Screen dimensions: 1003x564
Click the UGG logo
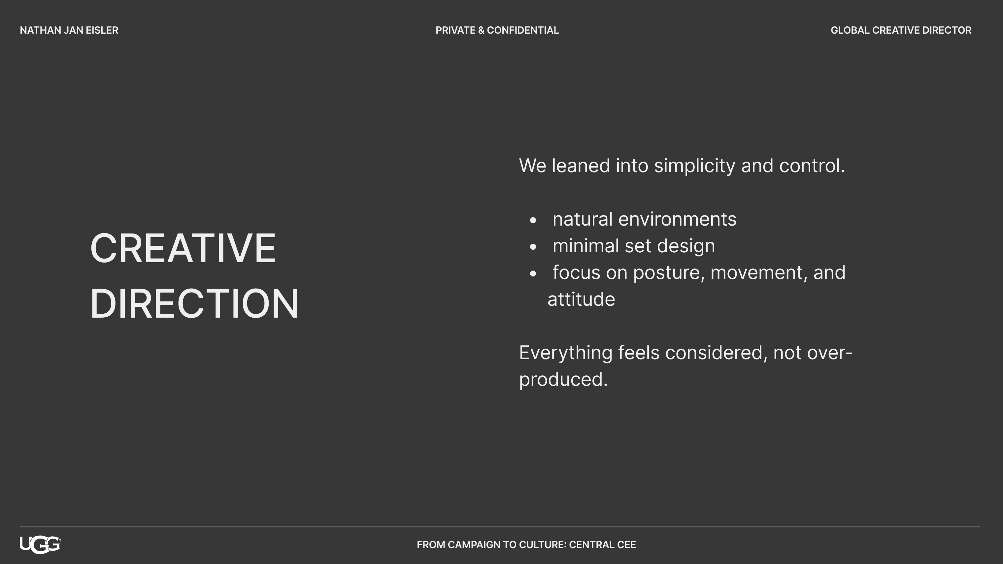pyautogui.click(x=40, y=545)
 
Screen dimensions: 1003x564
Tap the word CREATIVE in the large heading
pyautogui.click(x=183, y=248)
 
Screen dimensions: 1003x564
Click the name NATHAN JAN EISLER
pyautogui.click(x=69, y=30)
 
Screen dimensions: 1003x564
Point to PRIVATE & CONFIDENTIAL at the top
pyautogui.click(x=497, y=30)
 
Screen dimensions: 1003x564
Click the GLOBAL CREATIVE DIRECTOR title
pyautogui.click(x=901, y=30)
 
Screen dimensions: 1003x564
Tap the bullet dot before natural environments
pyautogui.click(x=533, y=220)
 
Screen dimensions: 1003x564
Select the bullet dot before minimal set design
pyautogui.click(x=533, y=247)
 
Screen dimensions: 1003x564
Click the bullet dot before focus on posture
pyautogui.click(x=533, y=274)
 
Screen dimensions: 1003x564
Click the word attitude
pyautogui.click(x=581, y=299)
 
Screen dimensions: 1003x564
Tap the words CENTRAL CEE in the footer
pyautogui.click(x=602, y=545)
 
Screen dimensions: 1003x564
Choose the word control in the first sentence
pyautogui.click(x=812, y=166)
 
